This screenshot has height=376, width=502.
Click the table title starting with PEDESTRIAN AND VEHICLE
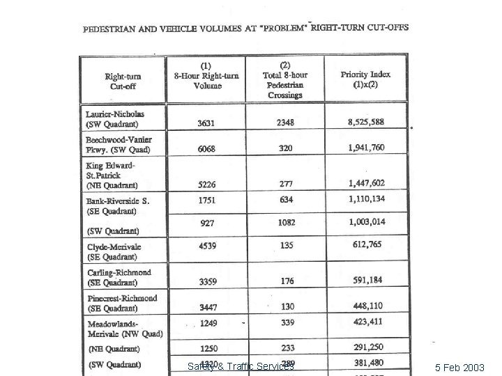coord(246,29)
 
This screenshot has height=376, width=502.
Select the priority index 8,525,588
coord(366,123)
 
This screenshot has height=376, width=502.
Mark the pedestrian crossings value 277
coord(284,184)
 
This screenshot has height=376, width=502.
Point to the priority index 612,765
coord(366,245)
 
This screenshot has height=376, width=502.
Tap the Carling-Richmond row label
coord(119,277)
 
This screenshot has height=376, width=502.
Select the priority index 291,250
coord(366,348)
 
